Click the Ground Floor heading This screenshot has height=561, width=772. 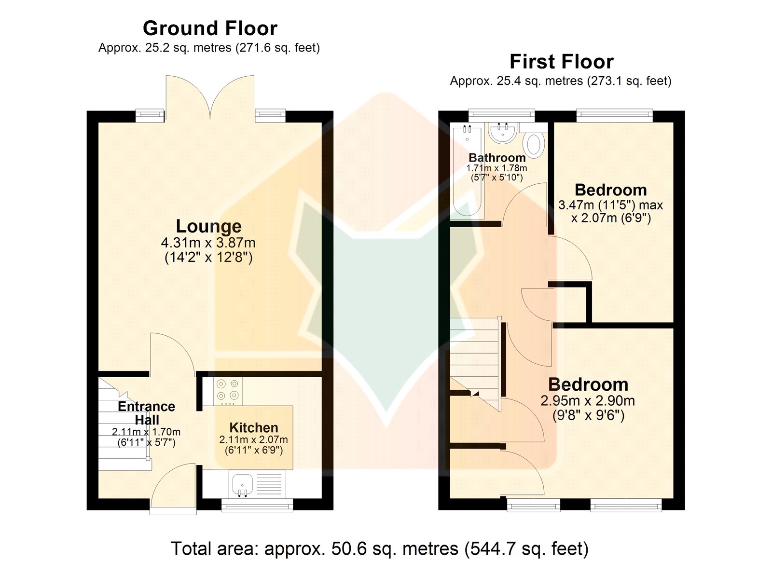click(210, 28)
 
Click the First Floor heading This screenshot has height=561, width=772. click(562, 62)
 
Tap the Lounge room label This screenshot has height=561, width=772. click(208, 226)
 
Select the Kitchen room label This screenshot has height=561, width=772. click(254, 428)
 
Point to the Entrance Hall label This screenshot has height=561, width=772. click(147, 413)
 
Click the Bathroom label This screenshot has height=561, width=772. click(497, 158)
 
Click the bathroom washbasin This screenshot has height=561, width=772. click(503, 133)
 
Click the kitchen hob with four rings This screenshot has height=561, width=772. click(227, 391)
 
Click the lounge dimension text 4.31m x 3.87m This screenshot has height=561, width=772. click(208, 243)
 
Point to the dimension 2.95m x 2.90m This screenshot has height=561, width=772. click(588, 401)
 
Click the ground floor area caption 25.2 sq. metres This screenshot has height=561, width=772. click(209, 48)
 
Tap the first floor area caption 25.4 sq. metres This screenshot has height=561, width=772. click(561, 81)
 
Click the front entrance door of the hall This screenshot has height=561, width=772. click(173, 489)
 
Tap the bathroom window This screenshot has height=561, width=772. click(501, 115)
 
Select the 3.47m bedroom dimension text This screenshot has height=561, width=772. click(610, 212)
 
